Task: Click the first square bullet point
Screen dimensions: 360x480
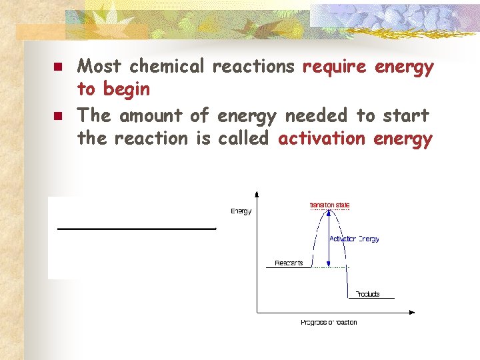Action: click(x=58, y=67)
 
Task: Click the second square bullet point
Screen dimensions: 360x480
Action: click(x=58, y=117)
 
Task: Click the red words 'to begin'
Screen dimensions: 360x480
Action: click(x=113, y=89)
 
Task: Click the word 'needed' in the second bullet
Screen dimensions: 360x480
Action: click(x=316, y=116)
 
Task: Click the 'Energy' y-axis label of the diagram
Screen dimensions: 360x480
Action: click(x=241, y=211)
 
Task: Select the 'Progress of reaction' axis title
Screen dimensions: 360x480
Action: click(x=329, y=323)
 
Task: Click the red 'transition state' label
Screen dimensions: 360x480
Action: click(x=330, y=205)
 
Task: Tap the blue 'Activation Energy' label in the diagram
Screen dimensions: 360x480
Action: click(x=354, y=239)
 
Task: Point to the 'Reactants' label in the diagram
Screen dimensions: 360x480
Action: click(x=289, y=263)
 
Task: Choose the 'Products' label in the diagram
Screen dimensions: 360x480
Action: click(x=367, y=294)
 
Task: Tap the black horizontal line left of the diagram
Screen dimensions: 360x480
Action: click(x=137, y=229)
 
